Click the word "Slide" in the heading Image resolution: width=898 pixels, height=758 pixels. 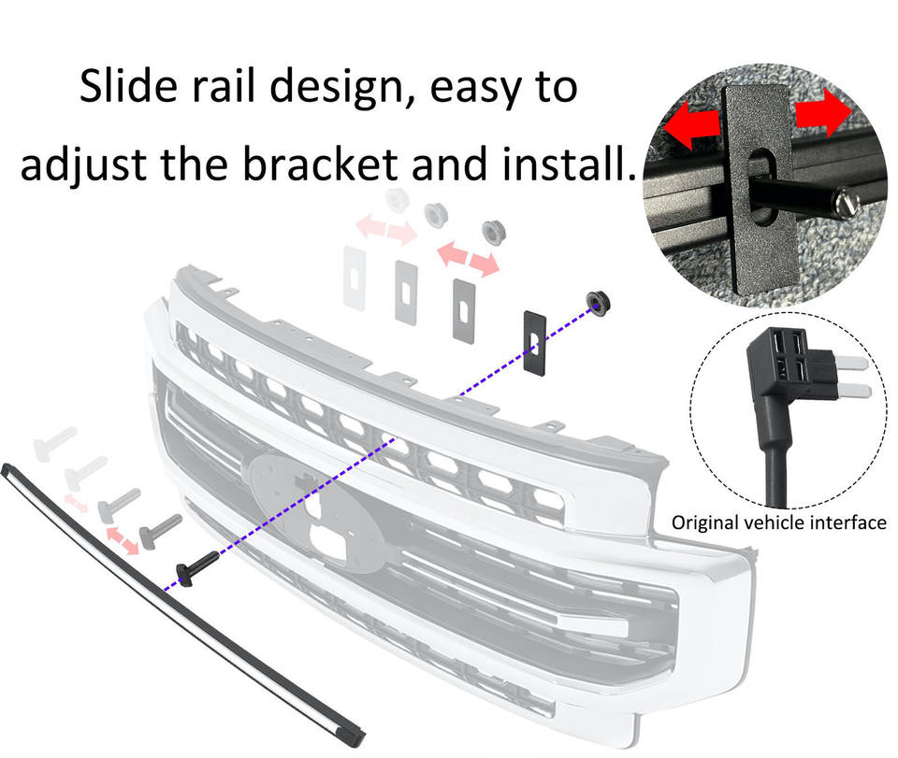128,86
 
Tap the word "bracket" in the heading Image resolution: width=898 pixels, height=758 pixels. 320,164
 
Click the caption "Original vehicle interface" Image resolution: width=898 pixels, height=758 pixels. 779,522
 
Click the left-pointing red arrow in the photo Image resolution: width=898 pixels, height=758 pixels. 691,126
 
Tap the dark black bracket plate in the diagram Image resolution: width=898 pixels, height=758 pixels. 535,343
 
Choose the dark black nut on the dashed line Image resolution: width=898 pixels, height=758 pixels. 599,302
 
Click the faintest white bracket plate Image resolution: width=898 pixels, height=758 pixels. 355,279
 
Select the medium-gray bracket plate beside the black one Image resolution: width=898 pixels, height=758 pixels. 464,311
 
